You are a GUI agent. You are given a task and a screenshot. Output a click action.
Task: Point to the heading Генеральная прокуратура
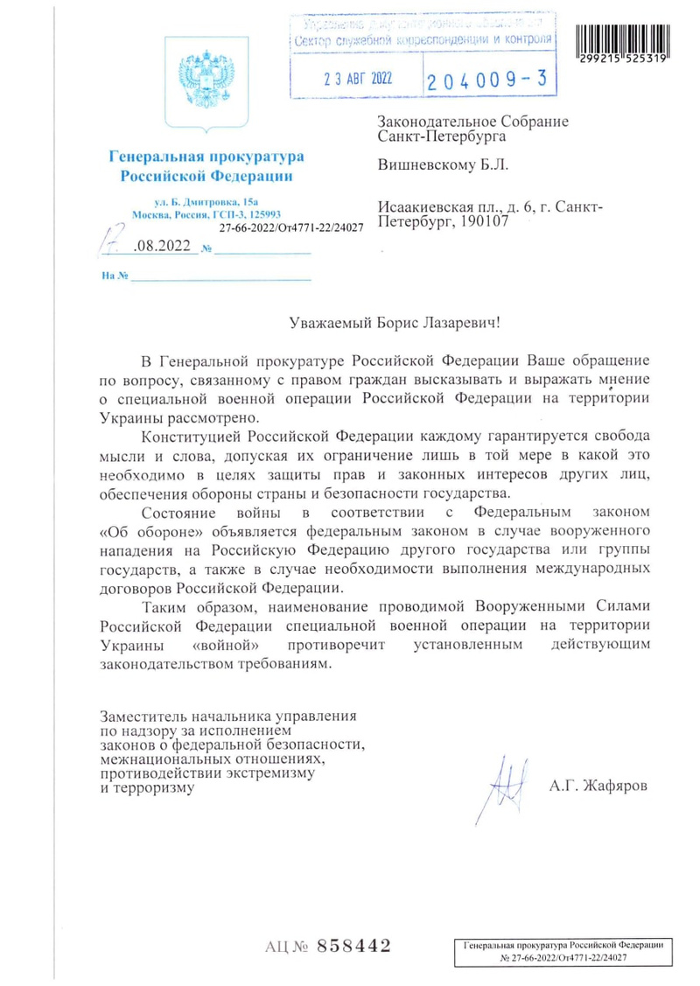tap(206, 157)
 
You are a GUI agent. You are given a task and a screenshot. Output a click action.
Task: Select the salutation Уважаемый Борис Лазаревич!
tap(396, 322)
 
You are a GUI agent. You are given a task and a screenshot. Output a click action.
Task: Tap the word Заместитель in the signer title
tap(144, 715)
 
